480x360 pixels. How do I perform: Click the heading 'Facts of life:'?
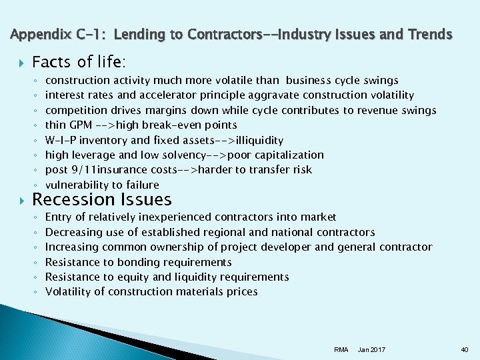click(77, 62)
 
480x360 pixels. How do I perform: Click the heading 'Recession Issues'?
click(101, 199)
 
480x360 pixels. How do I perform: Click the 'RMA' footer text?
click(341, 349)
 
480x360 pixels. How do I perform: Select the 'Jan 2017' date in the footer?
click(371, 349)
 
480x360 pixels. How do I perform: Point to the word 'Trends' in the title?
click(430, 34)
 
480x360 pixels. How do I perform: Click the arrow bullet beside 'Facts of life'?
click(19, 63)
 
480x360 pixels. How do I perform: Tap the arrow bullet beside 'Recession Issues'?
click(19, 200)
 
